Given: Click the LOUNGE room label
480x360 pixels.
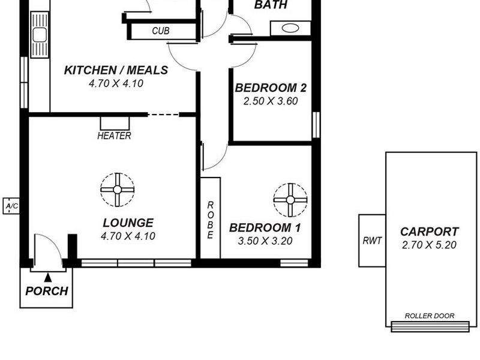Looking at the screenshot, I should click(x=128, y=223).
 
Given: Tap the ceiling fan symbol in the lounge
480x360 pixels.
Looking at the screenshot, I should click(x=118, y=190).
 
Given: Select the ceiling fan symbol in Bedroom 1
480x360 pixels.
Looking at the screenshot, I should click(x=290, y=200).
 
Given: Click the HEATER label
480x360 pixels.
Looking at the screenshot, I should click(x=114, y=136).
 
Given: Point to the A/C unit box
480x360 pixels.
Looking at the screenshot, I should click(x=11, y=206).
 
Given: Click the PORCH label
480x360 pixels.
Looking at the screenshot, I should click(x=46, y=292).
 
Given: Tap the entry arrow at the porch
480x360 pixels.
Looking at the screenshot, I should click(x=47, y=277).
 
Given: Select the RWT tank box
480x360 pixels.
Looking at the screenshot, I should click(x=372, y=240).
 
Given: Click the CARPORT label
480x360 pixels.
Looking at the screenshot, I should click(x=429, y=232).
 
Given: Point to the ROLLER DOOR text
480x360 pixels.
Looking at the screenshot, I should click(x=429, y=316).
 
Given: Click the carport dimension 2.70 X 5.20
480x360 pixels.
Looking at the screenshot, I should click(x=429, y=244).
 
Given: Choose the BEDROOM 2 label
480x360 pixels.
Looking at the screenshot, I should click(x=271, y=88).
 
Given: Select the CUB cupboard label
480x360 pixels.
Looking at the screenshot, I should click(x=160, y=31).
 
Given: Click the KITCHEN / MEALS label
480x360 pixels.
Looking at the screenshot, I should click(x=116, y=71).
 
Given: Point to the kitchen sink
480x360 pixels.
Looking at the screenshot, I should click(x=40, y=35).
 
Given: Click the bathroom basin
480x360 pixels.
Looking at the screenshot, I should click(x=291, y=28).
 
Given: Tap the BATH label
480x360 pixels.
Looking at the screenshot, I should click(x=271, y=5).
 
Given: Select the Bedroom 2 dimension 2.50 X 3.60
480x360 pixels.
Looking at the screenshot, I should click(x=271, y=101).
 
